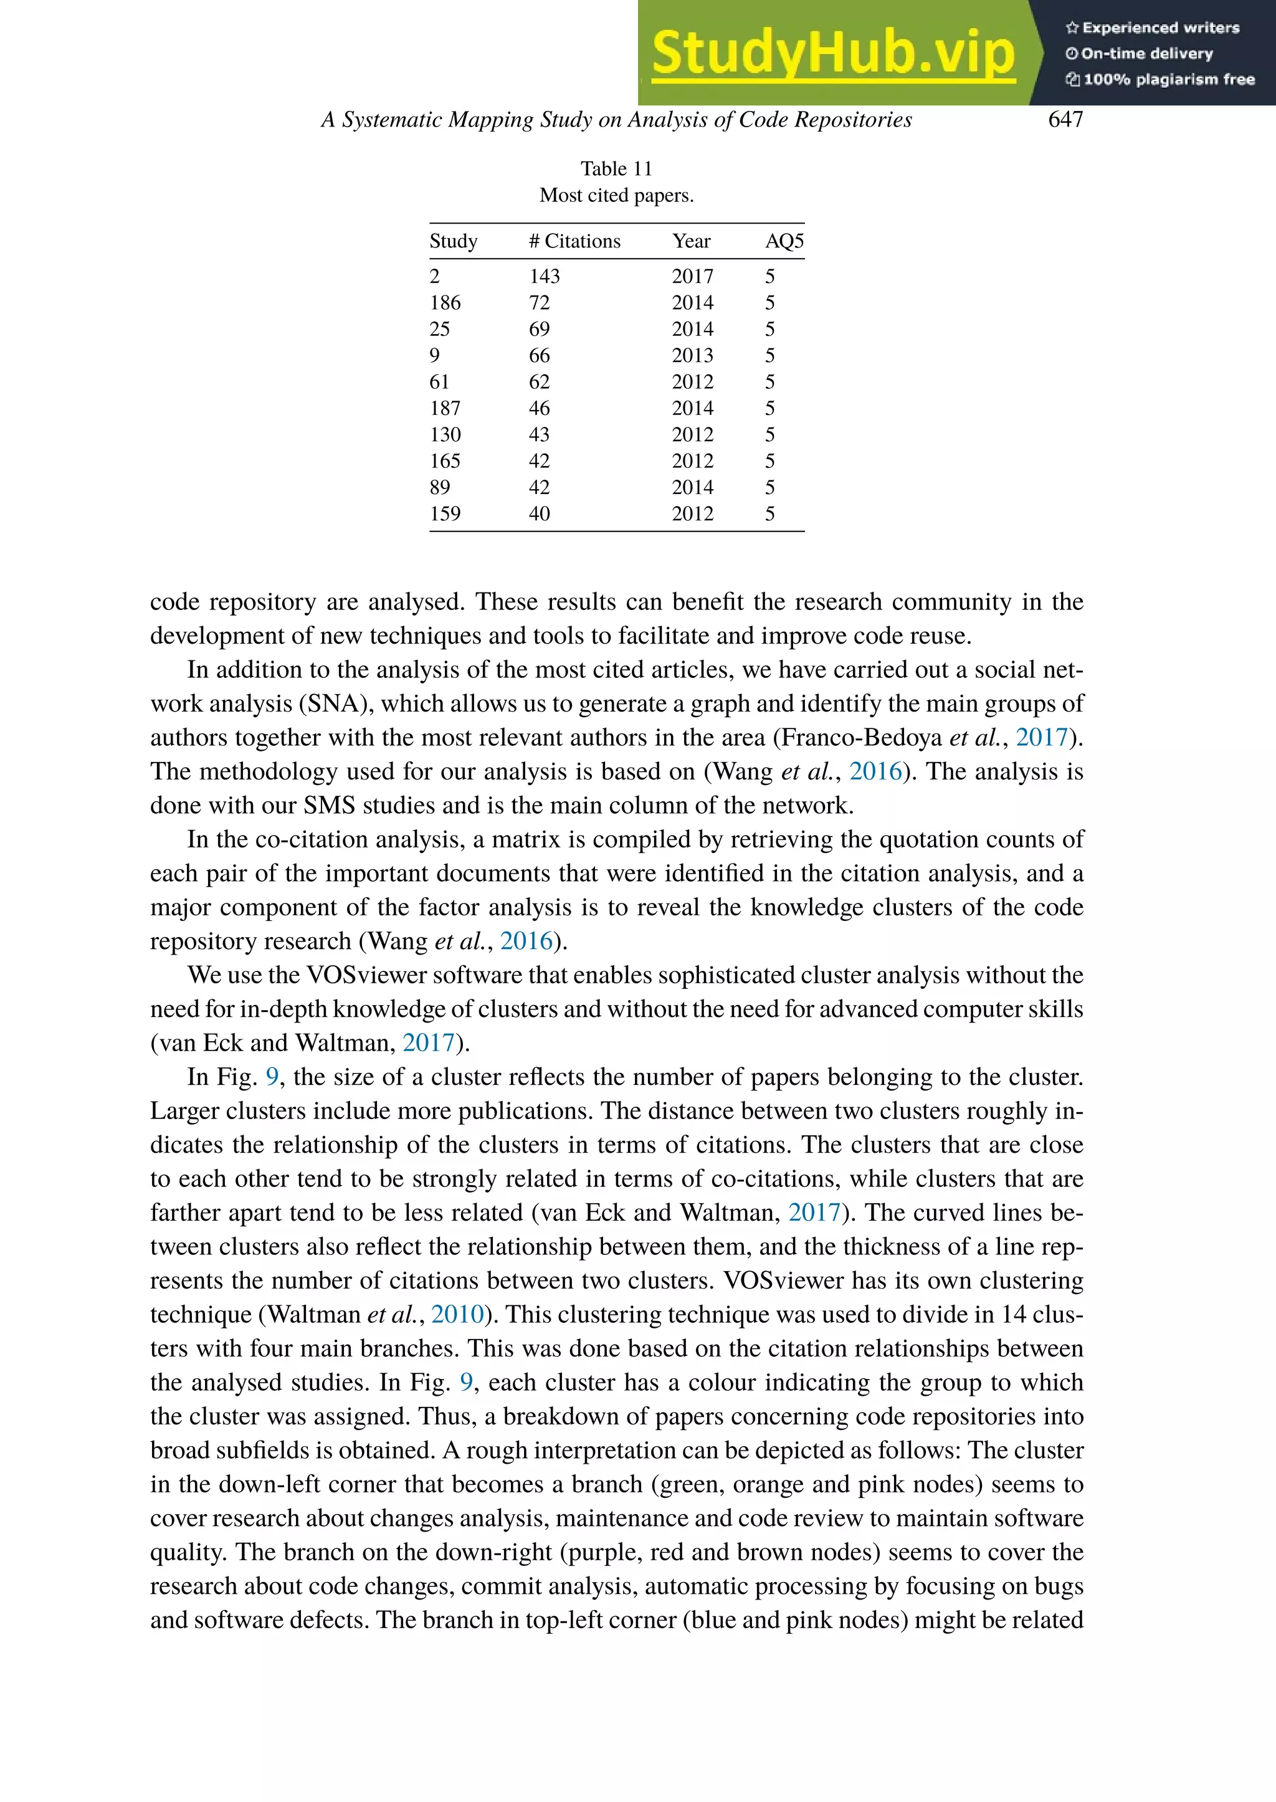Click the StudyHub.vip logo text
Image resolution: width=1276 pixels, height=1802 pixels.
833,54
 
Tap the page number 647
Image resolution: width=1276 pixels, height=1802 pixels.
1065,120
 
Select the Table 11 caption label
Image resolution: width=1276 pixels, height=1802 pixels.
616,169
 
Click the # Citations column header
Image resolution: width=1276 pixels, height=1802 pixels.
574,241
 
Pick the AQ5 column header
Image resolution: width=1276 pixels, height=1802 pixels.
784,241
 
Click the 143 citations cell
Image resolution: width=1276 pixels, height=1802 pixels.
544,277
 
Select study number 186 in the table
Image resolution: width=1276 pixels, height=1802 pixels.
445,303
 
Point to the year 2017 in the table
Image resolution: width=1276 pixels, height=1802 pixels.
692,277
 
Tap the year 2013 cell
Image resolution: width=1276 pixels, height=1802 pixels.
692,355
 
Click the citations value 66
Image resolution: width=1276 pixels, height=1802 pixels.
539,355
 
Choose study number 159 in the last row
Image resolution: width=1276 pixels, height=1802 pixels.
445,514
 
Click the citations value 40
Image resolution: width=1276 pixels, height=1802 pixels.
539,514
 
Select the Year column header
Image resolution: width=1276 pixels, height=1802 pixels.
690,241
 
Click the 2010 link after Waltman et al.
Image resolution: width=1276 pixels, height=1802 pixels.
457,1315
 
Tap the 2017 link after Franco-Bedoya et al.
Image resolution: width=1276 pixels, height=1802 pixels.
1041,738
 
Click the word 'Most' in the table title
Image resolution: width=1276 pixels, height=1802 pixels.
557,196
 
